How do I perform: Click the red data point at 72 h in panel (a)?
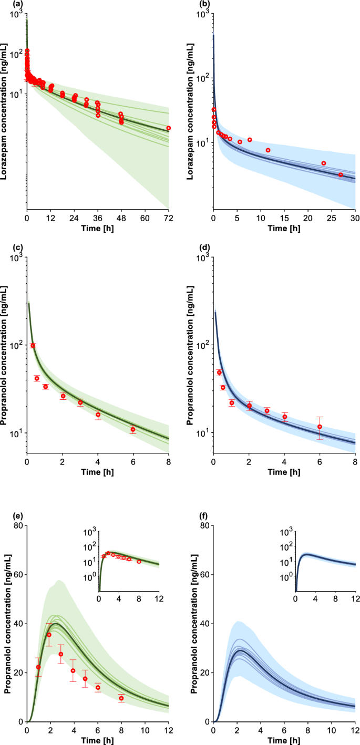(168, 128)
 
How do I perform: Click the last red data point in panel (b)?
(341, 174)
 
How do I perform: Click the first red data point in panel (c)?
(33, 345)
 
